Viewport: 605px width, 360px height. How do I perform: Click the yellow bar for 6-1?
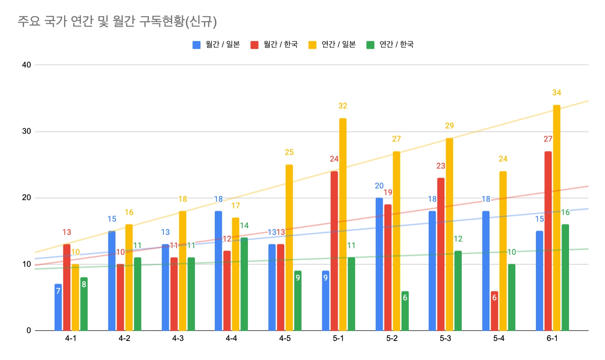557,218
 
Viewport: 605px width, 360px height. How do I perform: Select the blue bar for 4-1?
58,307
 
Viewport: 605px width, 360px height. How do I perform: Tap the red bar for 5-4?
494,311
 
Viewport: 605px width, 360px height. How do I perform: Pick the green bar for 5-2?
405,311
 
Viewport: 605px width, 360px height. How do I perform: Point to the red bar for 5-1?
334,251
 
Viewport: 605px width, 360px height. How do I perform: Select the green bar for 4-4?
244,284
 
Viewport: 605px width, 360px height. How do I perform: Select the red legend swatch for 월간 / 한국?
254,45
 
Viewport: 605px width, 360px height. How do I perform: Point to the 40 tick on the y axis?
26,65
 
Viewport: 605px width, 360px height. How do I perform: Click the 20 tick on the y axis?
26,198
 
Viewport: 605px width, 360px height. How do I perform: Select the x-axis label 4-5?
285,338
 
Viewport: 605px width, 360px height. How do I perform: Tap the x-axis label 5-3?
445,338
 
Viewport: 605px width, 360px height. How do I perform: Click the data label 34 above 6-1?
557,93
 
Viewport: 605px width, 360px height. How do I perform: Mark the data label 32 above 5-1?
343,106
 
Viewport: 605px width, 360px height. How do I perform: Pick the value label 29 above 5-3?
449,126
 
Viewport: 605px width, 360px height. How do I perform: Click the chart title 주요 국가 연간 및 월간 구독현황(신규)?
117,21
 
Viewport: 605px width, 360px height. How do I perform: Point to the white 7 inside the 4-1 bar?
58,291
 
